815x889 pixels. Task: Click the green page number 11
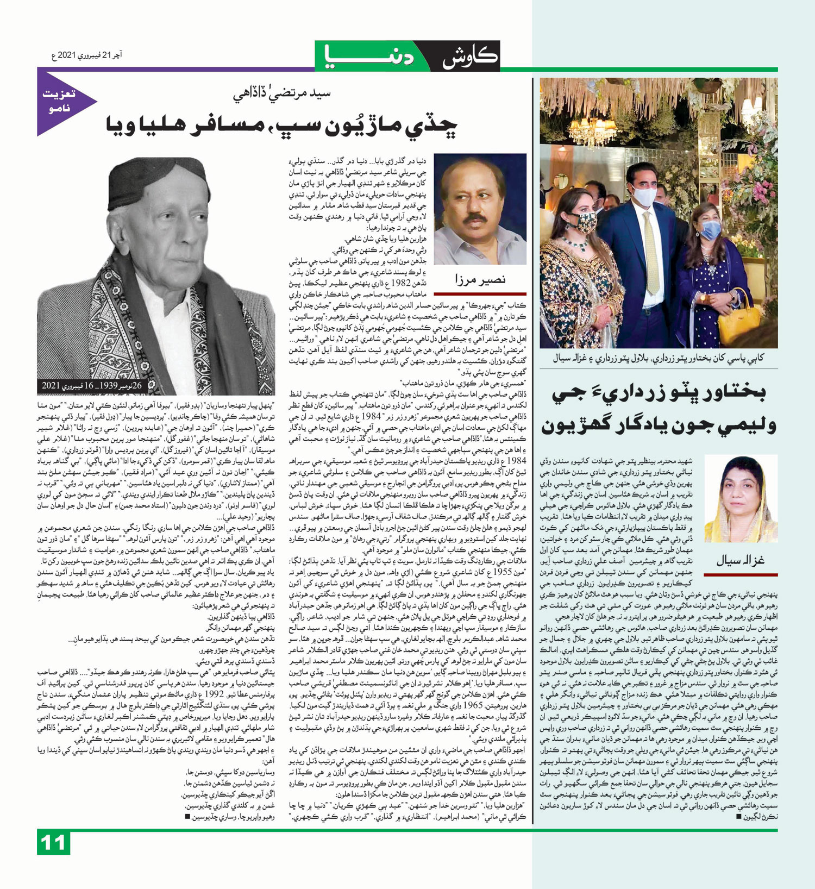pos(53,843)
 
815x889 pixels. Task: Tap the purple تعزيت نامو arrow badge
pos(62,102)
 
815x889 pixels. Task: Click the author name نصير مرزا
pos(480,279)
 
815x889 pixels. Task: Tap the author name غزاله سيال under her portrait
pos(740,560)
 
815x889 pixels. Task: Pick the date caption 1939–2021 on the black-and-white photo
pos(92,385)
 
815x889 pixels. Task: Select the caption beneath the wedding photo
pos(659,358)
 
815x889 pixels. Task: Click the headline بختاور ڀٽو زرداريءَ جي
pos(659,394)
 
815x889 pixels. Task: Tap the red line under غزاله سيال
pos(741,574)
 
